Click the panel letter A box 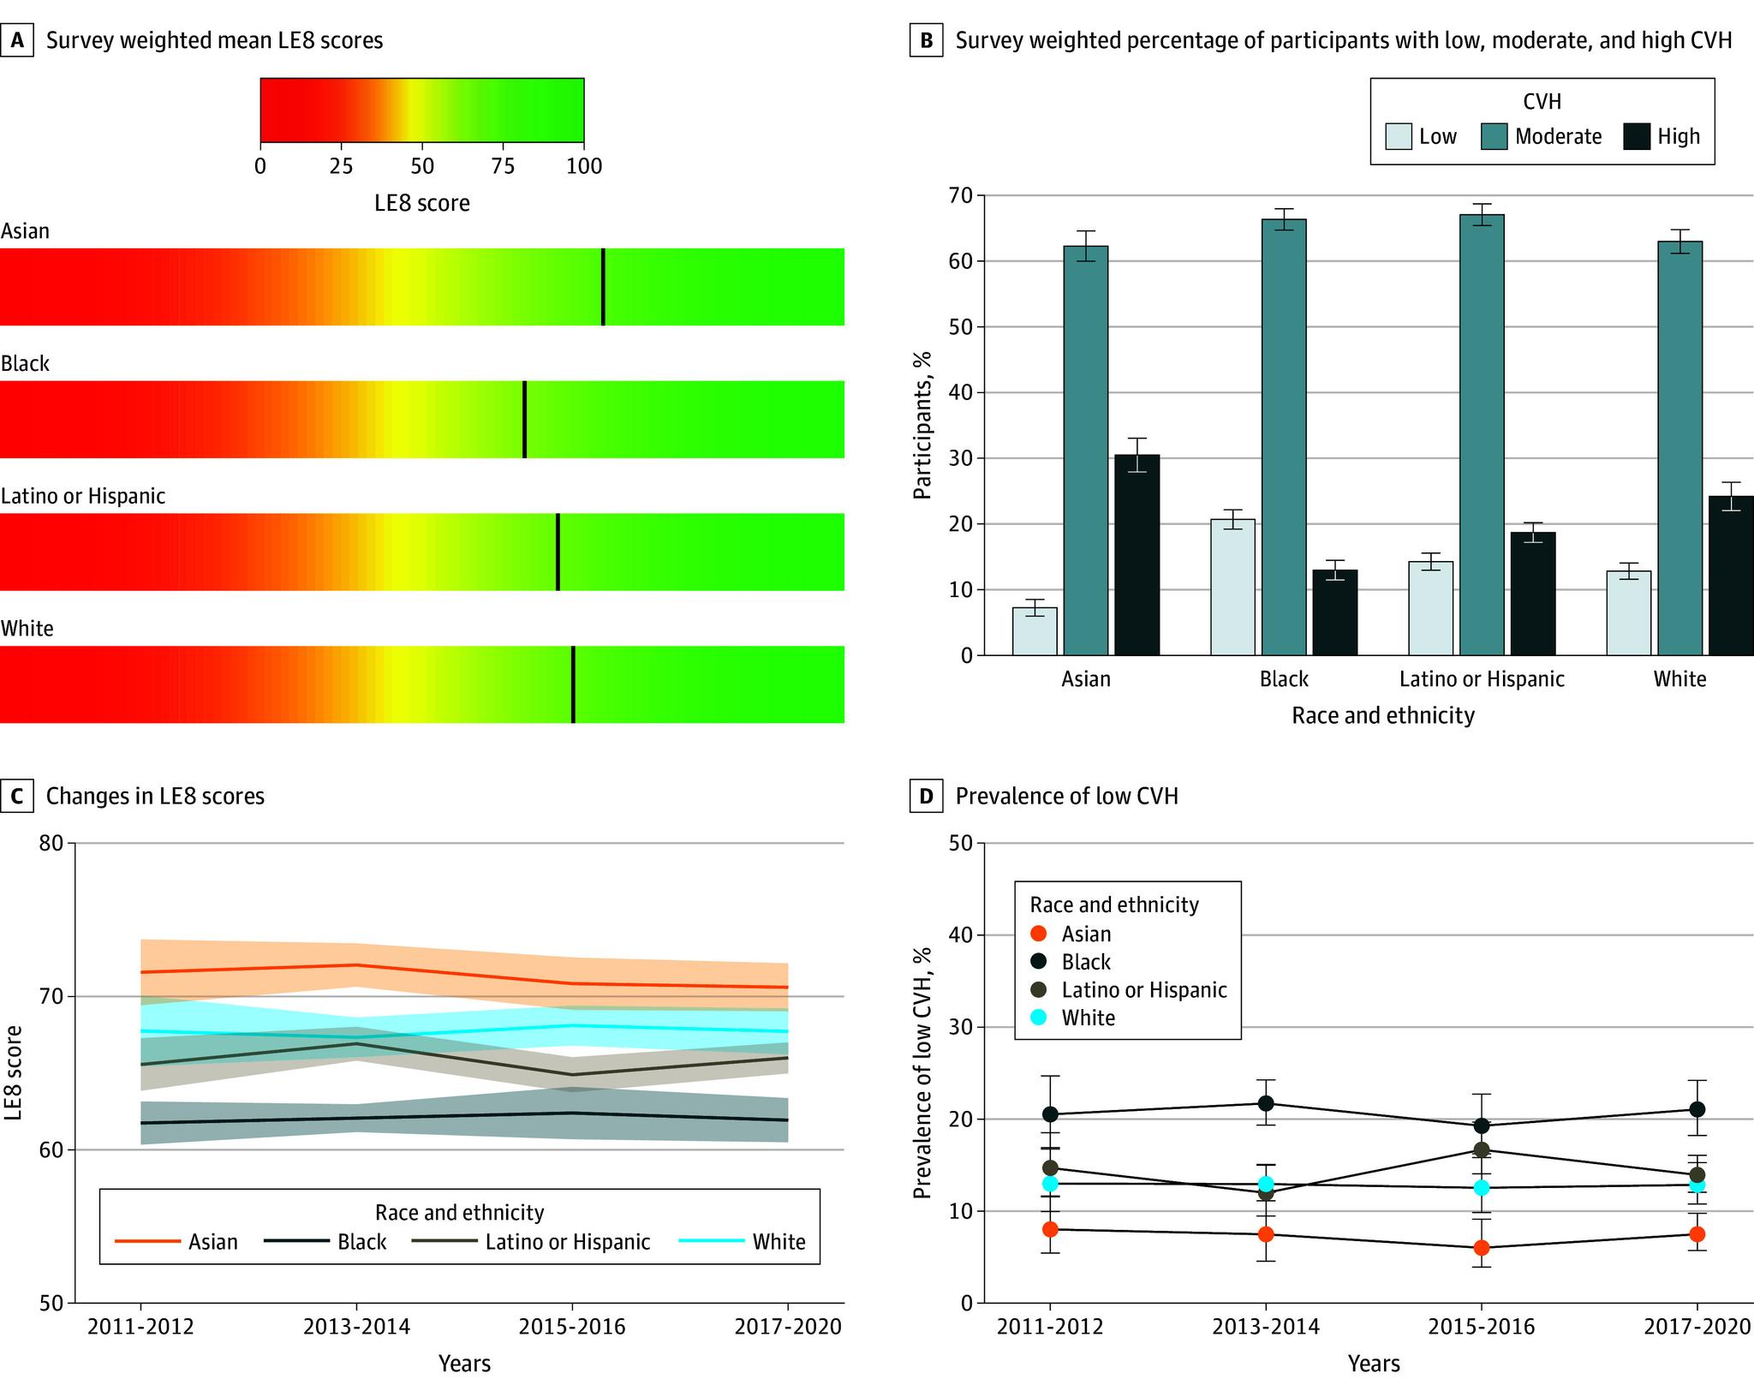(x=17, y=40)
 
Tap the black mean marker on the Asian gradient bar (x=603, y=287)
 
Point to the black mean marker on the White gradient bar (x=573, y=684)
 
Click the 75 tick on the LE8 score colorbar (x=503, y=165)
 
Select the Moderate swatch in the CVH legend (x=1494, y=136)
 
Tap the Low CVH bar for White (x=1628, y=613)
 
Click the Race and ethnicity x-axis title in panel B (x=1383, y=715)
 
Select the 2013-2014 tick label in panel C (x=357, y=1327)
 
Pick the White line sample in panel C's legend (x=711, y=1241)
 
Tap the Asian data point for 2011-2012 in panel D (x=1050, y=1229)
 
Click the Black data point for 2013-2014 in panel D (x=1266, y=1103)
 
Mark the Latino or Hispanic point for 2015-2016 (x=1481, y=1149)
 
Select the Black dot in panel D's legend (x=1040, y=962)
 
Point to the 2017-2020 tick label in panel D (x=1697, y=1327)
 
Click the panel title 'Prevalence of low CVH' (x=1066, y=796)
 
